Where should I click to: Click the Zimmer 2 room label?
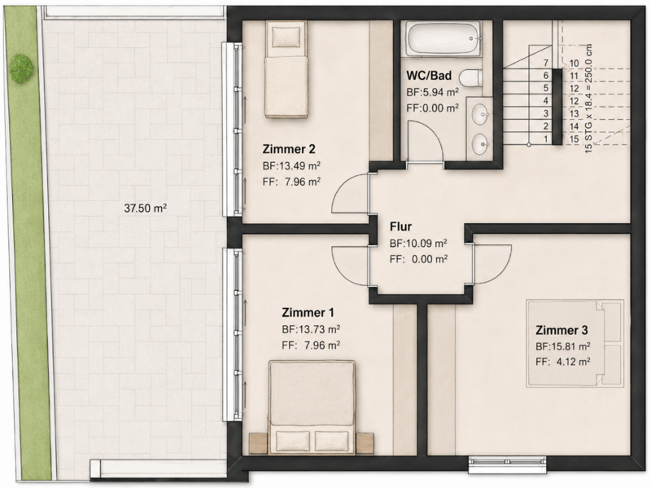tap(289, 149)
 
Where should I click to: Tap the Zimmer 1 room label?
tap(308, 312)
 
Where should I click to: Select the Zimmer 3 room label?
tap(561, 330)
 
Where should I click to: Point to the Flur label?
tap(400, 226)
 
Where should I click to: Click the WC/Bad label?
tap(429, 75)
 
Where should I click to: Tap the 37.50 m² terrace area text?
tap(146, 208)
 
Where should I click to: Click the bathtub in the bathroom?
tap(443, 38)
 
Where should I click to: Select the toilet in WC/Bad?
tap(472, 77)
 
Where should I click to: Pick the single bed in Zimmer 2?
tap(286, 69)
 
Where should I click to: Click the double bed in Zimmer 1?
tap(312, 407)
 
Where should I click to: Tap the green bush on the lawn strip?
tap(21, 68)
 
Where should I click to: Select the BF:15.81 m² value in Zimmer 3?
tap(563, 346)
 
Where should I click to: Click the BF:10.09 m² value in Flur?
tap(418, 243)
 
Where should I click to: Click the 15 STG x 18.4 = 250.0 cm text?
tap(588, 99)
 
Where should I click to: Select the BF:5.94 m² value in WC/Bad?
tap(432, 92)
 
